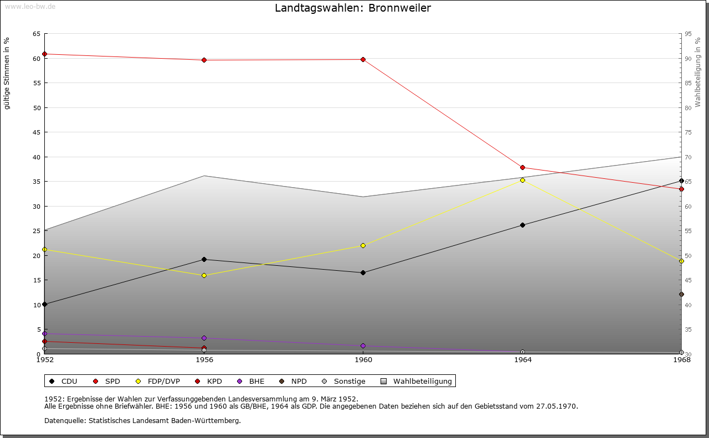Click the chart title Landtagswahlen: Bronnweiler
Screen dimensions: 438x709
pos(353,8)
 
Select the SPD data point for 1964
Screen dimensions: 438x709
pos(522,167)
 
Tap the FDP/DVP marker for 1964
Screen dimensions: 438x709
pos(522,180)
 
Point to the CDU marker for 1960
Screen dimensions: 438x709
pos(363,272)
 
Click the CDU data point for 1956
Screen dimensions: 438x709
pos(204,259)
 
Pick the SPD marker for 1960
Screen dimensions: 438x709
pos(363,59)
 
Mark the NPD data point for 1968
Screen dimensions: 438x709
pos(681,294)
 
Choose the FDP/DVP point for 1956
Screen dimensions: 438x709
pos(204,275)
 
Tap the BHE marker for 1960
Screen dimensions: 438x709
pos(363,346)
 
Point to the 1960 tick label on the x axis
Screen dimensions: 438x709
pos(363,360)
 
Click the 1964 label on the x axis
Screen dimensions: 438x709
pos(522,360)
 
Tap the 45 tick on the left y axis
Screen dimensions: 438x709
pos(36,132)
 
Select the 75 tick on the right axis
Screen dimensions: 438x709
pos(688,132)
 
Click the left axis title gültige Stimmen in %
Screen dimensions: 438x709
pos(7,73)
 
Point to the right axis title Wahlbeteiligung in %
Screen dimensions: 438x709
pos(698,72)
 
